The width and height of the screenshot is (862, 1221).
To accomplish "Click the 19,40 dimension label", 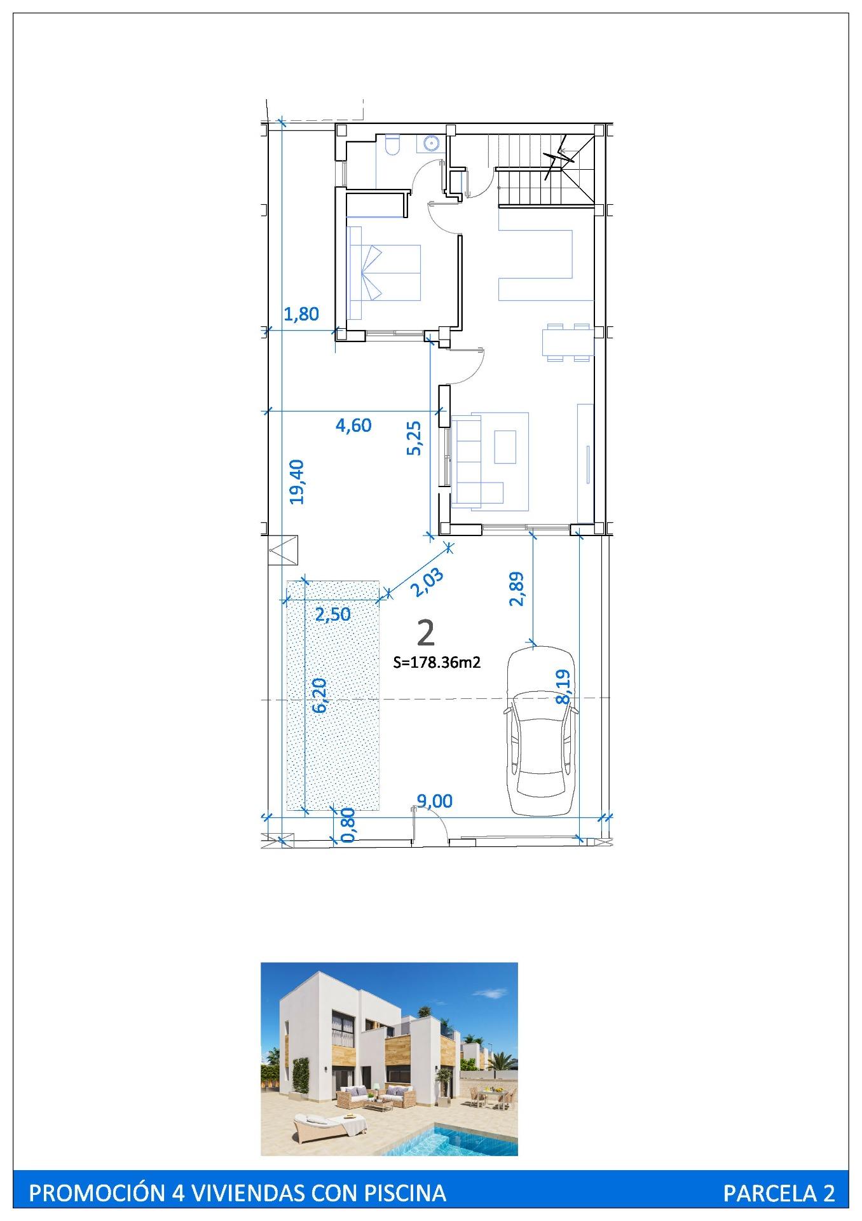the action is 297,482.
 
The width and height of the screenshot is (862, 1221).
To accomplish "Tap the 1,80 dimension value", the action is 301,314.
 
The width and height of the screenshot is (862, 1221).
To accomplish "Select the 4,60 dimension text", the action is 353,425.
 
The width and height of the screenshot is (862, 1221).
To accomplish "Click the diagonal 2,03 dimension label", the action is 426,582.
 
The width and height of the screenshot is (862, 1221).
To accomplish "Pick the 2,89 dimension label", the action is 517,588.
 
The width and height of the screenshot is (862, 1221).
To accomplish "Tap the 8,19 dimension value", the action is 563,687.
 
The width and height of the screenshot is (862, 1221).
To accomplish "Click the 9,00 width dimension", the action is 434,801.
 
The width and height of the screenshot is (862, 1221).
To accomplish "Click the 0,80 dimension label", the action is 348,826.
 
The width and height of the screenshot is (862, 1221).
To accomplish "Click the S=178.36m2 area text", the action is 437,663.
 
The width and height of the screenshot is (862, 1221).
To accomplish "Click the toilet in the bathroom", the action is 392,144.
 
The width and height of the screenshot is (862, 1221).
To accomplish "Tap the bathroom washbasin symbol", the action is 430,144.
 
